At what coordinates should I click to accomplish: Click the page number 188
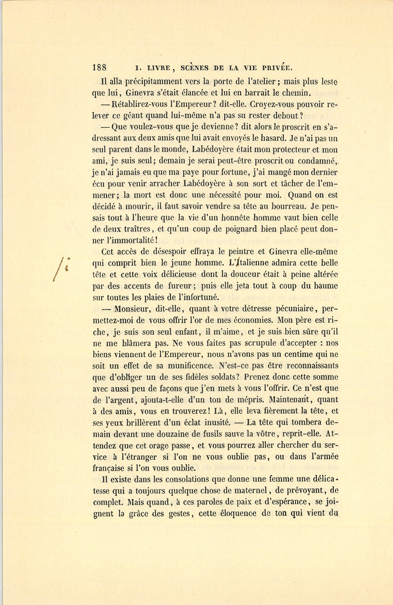(x=100, y=68)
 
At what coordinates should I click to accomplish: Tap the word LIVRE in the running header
(x=156, y=68)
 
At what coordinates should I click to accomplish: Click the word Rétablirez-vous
(x=142, y=104)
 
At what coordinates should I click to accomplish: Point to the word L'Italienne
(x=251, y=263)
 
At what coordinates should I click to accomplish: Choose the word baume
(x=323, y=286)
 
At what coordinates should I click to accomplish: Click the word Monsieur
(x=133, y=309)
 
